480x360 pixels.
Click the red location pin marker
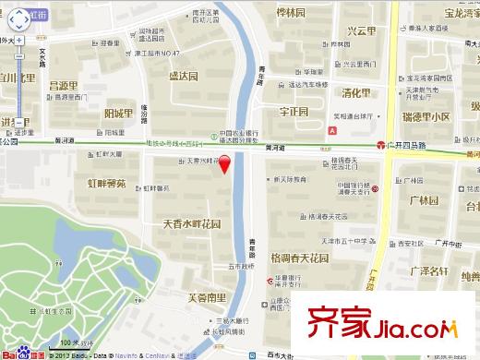click(x=211, y=169)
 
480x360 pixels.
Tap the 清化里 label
click(x=355, y=93)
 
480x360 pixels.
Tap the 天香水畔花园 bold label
click(x=192, y=224)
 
